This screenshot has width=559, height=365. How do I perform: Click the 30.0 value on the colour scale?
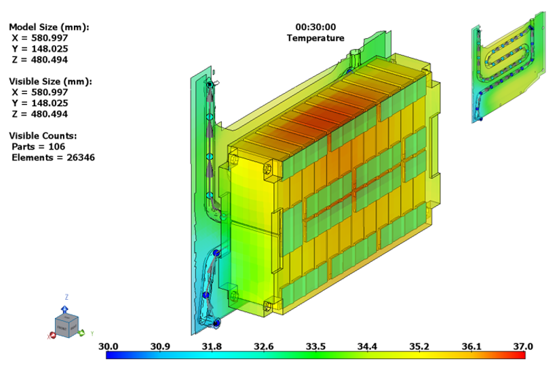click(x=109, y=346)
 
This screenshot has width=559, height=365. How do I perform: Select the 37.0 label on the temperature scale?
click(x=523, y=346)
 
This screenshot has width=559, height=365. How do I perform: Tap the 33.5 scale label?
click(x=315, y=346)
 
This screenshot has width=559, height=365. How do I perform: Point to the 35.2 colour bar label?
click(x=419, y=346)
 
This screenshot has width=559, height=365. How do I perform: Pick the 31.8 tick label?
click(x=212, y=346)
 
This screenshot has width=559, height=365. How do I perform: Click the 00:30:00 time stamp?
click(x=315, y=27)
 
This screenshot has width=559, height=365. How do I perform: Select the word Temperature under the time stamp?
click(x=315, y=38)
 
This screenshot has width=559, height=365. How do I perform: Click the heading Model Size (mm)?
click(x=49, y=27)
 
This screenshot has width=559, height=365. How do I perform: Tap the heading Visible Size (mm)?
click(x=50, y=82)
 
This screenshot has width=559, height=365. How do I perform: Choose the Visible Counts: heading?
click(x=43, y=136)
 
